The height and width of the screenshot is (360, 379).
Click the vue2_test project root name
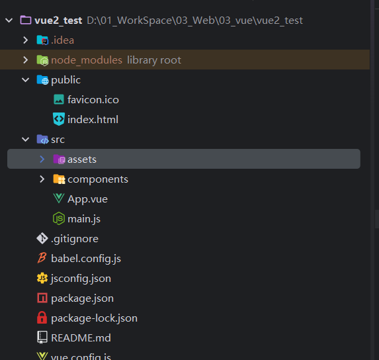[x=58, y=21]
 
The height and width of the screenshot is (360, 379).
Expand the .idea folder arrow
[x=25, y=40]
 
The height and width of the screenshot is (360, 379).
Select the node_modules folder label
[x=87, y=60]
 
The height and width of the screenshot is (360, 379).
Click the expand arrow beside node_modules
[x=25, y=60]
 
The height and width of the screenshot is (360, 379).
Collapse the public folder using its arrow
[x=25, y=80]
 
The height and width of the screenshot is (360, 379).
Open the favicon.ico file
[x=93, y=100]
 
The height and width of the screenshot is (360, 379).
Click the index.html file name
[x=93, y=119]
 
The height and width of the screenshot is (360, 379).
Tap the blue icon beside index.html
[x=59, y=119]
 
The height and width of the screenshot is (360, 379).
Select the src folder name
[x=58, y=140]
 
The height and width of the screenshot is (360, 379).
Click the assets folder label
[x=82, y=159]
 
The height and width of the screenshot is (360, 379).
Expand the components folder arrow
[x=42, y=179]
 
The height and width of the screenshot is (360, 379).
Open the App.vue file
[x=87, y=199]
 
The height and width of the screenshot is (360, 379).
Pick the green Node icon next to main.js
[x=59, y=218]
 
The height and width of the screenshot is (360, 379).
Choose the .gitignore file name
[x=75, y=239]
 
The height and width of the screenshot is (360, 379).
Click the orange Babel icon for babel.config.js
[x=42, y=258]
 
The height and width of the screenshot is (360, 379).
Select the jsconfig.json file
[x=81, y=279]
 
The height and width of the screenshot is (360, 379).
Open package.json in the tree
[x=83, y=298]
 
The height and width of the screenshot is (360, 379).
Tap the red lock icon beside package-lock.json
[x=42, y=318]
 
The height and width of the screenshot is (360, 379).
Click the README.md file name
[x=81, y=338]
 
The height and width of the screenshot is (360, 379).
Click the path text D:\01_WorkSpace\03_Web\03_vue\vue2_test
[x=194, y=21]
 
